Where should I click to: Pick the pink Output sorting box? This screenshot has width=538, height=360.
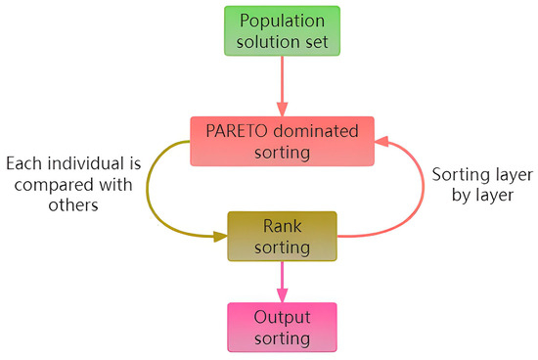282,327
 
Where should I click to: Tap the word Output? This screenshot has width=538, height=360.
282,317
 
